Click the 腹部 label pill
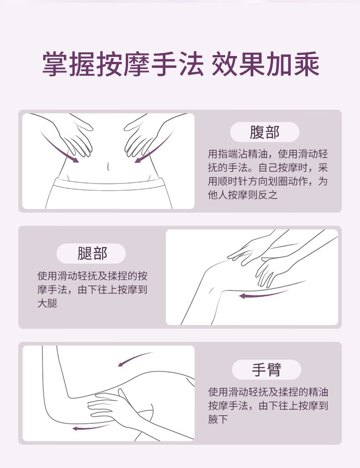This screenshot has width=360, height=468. pyautogui.click(x=264, y=132)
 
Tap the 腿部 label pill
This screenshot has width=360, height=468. pyautogui.click(x=91, y=254)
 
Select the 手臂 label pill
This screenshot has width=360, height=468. pyautogui.click(x=266, y=370)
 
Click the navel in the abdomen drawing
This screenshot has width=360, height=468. pyautogui.click(x=108, y=166)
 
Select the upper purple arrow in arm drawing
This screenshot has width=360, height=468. pyautogui.click(x=134, y=359)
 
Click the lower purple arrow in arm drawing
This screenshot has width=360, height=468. pyautogui.click(x=90, y=427)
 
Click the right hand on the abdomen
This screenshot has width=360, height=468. pyautogui.click(x=140, y=137)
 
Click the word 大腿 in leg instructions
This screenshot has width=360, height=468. pyautogui.click(x=47, y=303)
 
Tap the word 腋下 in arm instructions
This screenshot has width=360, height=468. pyautogui.click(x=218, y=419)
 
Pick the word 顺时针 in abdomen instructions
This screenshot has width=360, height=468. pyautogui.click(x=233, y=181)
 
